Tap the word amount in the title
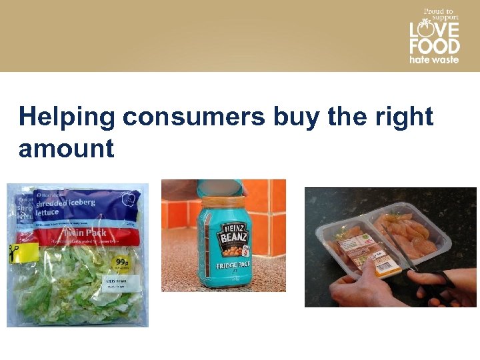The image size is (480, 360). point(66,148)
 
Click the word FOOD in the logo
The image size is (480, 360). point(434,47)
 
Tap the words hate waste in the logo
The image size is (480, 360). point(434,59)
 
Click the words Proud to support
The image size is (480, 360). point(438,15)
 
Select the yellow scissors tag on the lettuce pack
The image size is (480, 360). point(23,252)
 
